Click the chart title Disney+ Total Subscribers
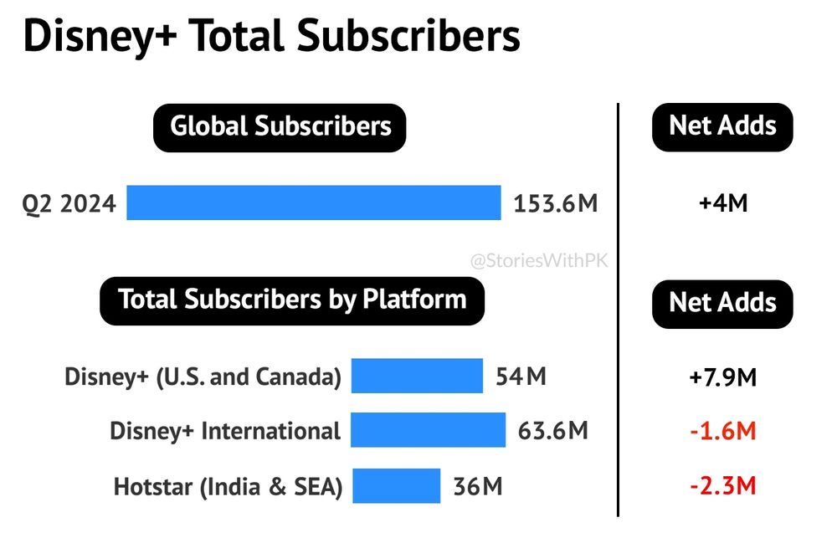pyautogui.click(x=272, y=37)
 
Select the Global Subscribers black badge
pyautogui.click(x=280, y=127)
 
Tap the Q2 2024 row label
pyautogui.click(x=69, y=203)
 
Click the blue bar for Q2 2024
pyautogui.click(x=314, y=203)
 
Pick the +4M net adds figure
pyautogui.click(x=722, y=203)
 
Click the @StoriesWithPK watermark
pyautogui.click(x=539, y=261)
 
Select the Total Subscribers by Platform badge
pyautogui.click(x=292, y=300)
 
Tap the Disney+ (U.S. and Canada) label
pyautogui.click(x=203, y=377)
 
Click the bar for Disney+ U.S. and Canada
pyautogui.click(x=417, y=377)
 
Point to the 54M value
pyautogui.click(x=521, y=377)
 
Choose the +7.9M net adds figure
pyautogui.click(x=722, y=377)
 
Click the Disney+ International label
pyautogui.click(x=225, y=432)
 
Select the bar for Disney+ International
pyautogui.click(x=429, y=430)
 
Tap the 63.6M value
pyautogui.click(x=553, y=432)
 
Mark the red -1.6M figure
pyautogui.click(x=722, y=432)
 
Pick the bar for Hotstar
pyautogui.click(x=396, y=485)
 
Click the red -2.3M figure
pyautogui.click(x=722, y=485)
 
